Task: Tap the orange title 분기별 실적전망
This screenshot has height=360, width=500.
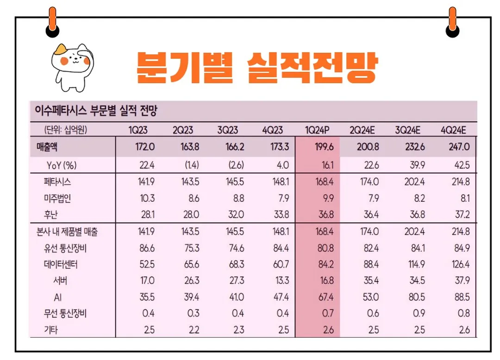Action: (x=256, y=68)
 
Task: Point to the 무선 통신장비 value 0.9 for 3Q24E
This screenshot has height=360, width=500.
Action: (x=419, y=314)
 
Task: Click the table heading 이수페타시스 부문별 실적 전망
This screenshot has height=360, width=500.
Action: (x=96, y=110)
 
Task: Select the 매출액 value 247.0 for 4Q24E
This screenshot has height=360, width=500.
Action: (x=459, y=147)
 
